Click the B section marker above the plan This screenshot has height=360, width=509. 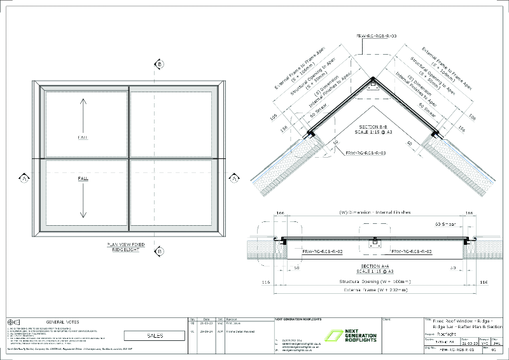pyautogui.click(x=160, y=64)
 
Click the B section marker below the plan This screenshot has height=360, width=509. pyautogui.click(x=160, y=249)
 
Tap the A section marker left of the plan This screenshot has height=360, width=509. pyautogui.click(x=24, y=176)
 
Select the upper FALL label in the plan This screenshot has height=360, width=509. pyautogui.click(x=83, y=136)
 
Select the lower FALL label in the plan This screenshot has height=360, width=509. pyautogui.click(x=83, y=179)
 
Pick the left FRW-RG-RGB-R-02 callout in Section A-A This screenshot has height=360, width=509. pyautogui.click(x=324, y=252)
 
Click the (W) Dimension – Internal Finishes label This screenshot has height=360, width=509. pyautogui.click(x=375, y=211)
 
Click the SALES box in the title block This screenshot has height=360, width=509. pyautogui.click(x=155, y=335)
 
